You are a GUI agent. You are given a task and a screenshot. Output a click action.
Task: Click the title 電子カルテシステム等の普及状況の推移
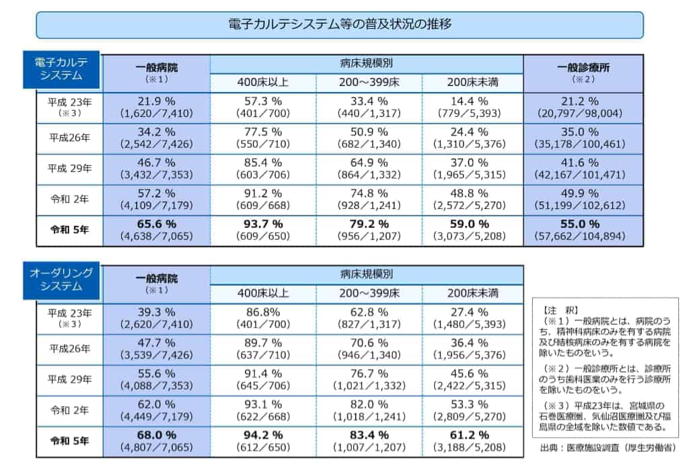pos(339,25)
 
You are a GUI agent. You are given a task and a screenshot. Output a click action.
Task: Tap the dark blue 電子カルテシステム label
pos(61,69)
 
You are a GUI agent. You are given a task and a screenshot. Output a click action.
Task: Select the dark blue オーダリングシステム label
pos(61,280)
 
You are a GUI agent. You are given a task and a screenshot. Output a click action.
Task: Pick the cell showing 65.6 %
pos(156,224)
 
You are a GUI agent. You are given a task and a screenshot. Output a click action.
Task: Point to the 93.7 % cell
pos(263,224)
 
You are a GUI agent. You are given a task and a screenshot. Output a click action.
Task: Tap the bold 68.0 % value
pos(156,435)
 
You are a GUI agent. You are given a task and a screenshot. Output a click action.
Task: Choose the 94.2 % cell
pos(263,435)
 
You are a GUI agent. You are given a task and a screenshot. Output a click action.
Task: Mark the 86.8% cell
pos(263,313)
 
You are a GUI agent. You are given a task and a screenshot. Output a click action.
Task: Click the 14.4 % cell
pos(472,102)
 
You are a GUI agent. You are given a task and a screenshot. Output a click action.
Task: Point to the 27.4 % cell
pos(472,313)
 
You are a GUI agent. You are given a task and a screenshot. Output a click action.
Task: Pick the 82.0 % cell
pos(369,404)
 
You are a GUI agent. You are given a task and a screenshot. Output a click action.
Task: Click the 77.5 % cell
pos(263,132)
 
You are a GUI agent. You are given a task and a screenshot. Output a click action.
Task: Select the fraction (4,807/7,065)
pos(156,447)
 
